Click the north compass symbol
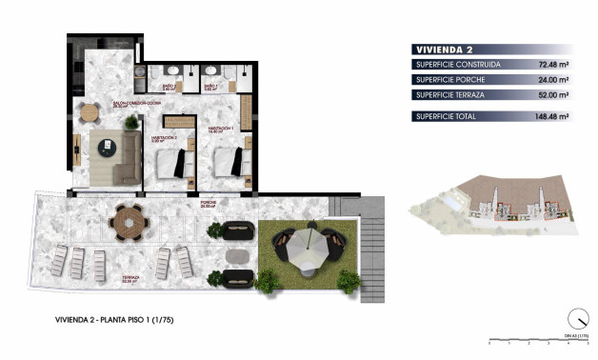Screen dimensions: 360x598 tap(576, 319)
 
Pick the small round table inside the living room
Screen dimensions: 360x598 tap(90, 111)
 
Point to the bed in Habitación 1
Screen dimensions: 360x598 tap(229, 161)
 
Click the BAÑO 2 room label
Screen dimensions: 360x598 tap(210, 87)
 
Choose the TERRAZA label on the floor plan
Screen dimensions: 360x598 tap(131, 279)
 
